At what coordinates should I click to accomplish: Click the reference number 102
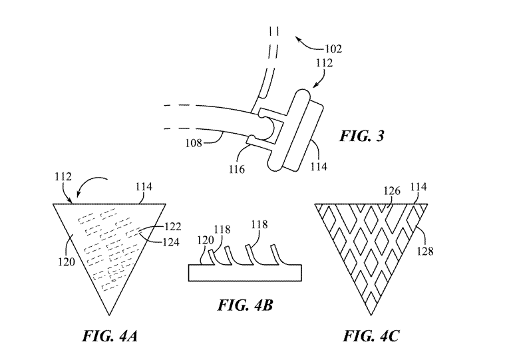point(333,49)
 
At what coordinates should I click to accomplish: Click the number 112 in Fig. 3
point(324,63)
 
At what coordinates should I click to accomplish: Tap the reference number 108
point(194,142)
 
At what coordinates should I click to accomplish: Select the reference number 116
point(237,169)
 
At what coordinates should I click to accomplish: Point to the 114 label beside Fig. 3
point(319,166)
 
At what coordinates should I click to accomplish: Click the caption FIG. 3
point(362,136)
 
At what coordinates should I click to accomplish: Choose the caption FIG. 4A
point(110,336)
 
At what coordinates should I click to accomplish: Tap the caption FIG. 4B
point(246,305)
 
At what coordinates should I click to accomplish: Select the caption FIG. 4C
point(371,336)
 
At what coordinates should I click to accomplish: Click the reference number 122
point(173,227)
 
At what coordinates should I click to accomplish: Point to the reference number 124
point(171,242)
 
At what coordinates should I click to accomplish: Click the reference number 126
point(392,191)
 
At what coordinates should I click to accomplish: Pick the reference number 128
point(425,251)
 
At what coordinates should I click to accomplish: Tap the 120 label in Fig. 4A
point(67,262)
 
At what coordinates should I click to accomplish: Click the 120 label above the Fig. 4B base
point(205,240)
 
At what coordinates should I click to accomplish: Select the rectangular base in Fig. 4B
point(245,273)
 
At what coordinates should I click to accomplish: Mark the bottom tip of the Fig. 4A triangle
point(109,315)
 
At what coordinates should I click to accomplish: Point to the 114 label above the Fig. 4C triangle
point(419,187)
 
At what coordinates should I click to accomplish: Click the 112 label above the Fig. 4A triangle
point(63,176)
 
